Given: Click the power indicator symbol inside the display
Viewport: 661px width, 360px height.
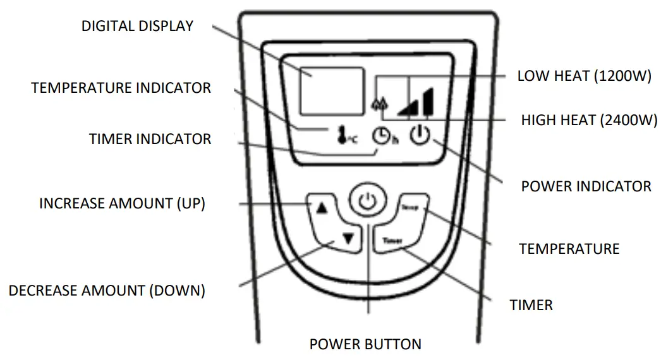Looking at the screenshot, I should pyautogui.click(x=421, y=135).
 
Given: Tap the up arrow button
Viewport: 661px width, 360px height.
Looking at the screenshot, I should pyautogui.click(x=322, y=208).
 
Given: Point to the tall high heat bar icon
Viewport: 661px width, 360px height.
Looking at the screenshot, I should pyautogui.click(x=428, y=102).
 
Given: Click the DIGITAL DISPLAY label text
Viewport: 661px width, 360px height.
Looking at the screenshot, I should pyautogui.click(x=137, y=27).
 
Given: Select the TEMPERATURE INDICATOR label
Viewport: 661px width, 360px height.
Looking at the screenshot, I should pyautogui.click(x=121, y=88).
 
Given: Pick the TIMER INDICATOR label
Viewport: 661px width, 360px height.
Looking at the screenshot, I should pyautogui.click(x=150, y=139).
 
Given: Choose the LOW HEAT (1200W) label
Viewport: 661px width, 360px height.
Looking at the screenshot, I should pyautogui.click(x=584, y=76).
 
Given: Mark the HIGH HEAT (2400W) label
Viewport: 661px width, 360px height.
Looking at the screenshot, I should pyautogui.click(x=589, y=120).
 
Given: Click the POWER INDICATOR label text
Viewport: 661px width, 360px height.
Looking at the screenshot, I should pyautogui.click(x=586, y=186).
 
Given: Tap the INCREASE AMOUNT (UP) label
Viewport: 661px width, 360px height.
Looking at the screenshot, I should pyautogui.click(x=122, y=203).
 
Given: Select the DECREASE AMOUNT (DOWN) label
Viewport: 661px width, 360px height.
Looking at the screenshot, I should pyautogui.click(x=107, y=291).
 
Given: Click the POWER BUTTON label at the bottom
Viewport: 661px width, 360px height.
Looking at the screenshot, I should pyautogui.click(x=365, y=344).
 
